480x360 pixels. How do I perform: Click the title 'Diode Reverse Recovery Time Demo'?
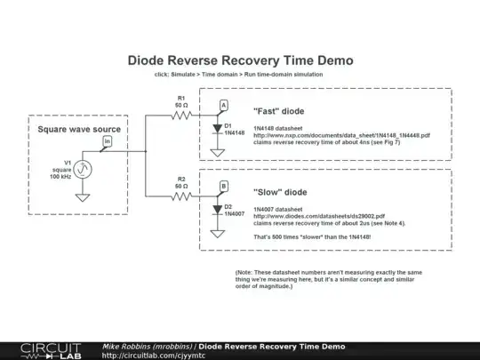pos(241,60)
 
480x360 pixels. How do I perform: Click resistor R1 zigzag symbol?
pos(181,115)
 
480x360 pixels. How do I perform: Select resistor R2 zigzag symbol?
pos(181,195)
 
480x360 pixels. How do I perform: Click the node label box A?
pos(223,106)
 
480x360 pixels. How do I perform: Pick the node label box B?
pos(223,186)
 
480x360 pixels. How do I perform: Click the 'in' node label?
pos(108,141)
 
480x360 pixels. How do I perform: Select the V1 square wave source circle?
pos(82,169)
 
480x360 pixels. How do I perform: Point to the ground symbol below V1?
pos(82,196)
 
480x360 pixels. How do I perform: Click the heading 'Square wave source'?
pos(79,130)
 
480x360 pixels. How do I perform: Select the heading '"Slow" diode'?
pos(281,191)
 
